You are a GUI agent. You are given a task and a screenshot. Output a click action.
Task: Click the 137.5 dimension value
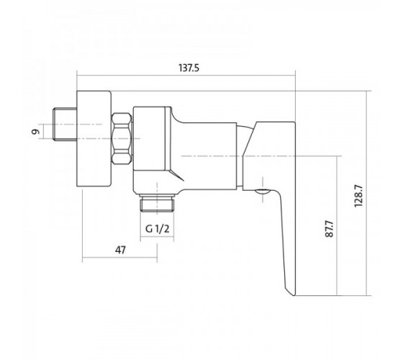(189, 68)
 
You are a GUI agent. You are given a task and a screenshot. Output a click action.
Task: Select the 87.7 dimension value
(330, 228)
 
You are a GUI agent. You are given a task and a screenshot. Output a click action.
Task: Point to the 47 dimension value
(121, 250)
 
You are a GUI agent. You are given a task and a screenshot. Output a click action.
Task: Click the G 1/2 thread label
(158, 228)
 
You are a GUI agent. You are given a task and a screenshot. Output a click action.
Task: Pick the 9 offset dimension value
(36, 132)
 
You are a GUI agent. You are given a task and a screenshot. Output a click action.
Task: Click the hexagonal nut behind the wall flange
(122, 138)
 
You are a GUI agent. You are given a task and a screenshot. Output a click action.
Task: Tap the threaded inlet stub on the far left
(65, 125)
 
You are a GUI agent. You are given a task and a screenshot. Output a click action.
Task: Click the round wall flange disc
(94, 138)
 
